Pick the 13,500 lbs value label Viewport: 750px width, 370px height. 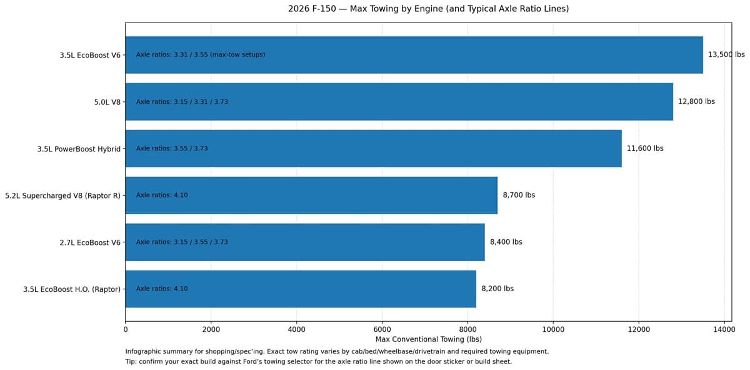tap(726, 54)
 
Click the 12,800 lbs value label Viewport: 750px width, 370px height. tap(696, 101)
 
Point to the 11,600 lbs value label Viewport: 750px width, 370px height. tap(645, 148)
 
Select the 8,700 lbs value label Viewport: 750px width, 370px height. tap(519, 195)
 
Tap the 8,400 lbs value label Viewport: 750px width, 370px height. tap(506, 242)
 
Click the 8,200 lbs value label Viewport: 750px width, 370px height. tap(497, 289)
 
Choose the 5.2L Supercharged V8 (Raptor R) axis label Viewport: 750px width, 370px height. tap(62, 195)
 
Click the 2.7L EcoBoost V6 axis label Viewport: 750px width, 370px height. tap(90, 242)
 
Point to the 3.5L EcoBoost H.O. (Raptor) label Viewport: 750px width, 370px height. tap(72, 289)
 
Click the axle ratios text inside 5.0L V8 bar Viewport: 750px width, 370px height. tap(182, 101)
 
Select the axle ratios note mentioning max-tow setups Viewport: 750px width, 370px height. tap(201, 54)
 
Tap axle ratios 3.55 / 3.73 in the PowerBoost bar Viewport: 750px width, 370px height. tap(172, 148)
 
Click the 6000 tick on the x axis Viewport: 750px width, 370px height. tap(382, 328)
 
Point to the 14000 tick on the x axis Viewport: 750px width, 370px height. tap(724, 328)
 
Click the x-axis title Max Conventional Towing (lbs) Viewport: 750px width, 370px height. tap(428, 339)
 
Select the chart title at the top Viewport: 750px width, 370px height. tap(428, 9)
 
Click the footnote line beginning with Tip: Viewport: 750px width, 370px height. tap(318, 361)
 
